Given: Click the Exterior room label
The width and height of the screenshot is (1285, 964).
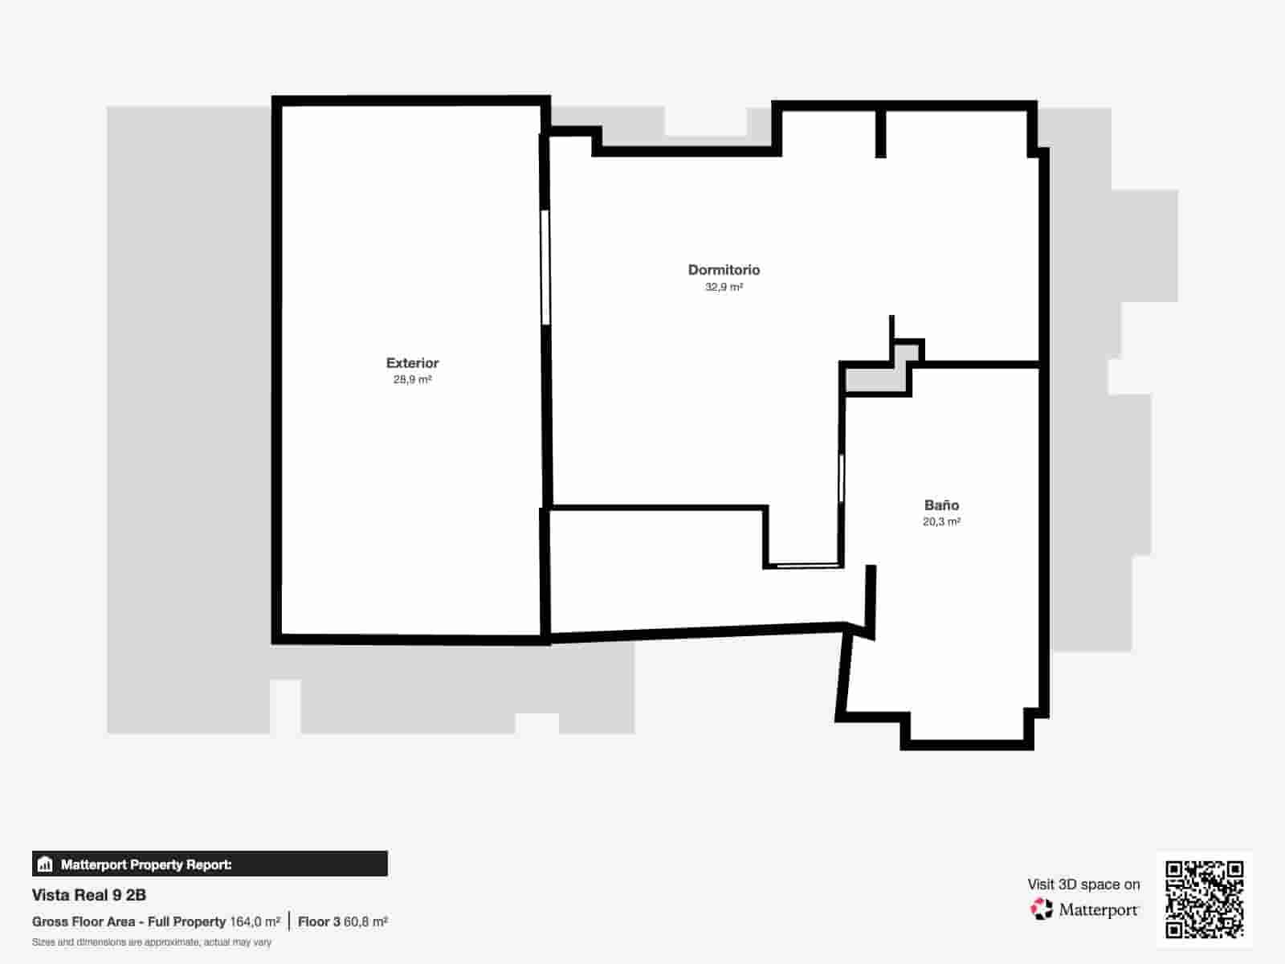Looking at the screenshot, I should (x=412, y=363).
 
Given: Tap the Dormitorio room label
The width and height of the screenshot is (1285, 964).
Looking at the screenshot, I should (x=724, y=270).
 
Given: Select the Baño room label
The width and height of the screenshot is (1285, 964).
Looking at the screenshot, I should (x=941, y=505).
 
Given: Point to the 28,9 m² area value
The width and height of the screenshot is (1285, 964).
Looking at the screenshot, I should (x=412, y=380).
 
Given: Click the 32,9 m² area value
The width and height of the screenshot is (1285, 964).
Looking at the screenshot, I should (x=724, y=287).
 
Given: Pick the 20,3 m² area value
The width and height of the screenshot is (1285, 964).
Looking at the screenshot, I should (x=941, y=522).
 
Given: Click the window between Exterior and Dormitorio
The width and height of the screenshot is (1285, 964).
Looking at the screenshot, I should (x=545, y=268).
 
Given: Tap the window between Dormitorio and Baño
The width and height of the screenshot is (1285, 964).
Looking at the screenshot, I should (x=841, y=478).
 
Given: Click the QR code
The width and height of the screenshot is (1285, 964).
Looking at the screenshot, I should (x=1205, y=900).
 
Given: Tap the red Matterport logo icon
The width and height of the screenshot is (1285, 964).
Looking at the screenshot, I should (x=1041, y=909).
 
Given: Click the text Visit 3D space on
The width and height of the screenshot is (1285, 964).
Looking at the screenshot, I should (x=1083, y=884).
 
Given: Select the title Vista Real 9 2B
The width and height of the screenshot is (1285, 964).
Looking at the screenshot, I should (x=89, y=895).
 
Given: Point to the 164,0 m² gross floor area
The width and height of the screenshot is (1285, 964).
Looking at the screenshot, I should (x=255, y=922).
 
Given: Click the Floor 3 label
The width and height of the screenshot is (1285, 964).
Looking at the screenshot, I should (x=319, y=922).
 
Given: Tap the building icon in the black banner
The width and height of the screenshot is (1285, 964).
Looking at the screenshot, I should (x=45, y=864).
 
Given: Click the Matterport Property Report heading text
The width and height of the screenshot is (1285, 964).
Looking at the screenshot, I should (x=146, y=865).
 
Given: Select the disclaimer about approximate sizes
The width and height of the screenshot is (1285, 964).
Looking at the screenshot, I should (x=152, y=942).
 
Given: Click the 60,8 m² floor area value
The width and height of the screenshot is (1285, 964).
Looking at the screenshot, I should (x=365, y=922).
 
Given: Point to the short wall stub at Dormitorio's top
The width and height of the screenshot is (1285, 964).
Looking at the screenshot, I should (x=880, y=133).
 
